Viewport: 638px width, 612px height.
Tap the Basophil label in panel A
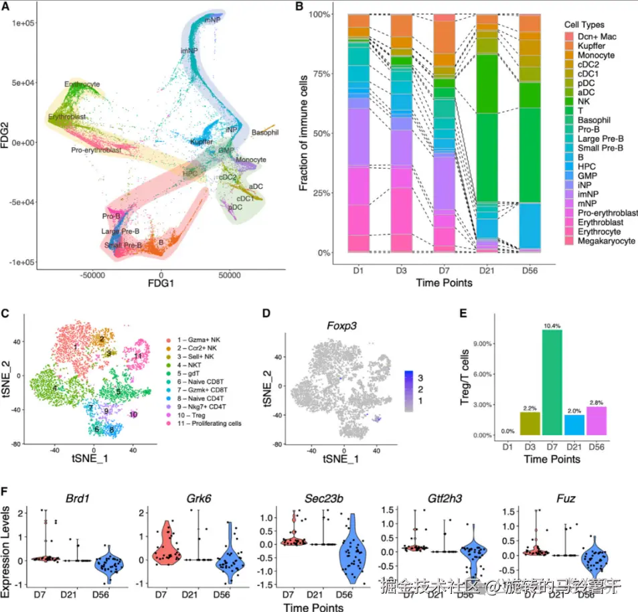pyautogui.click(x=265, y=133)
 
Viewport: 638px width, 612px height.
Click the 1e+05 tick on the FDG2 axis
pyautogui.click(x=22, y=22)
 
